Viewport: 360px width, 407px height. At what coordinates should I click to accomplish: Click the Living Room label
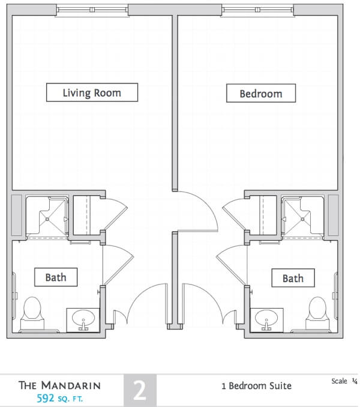pyautogui.click(x=92, y=92)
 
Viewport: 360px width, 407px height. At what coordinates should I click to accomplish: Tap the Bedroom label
pyautogui.click(x=260, y=94)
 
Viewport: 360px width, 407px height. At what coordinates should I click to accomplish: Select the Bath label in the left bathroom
pyautogui.click(x=56, y=277)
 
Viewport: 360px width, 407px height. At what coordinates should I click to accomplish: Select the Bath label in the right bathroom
pyautogui.click(x=293, y=279)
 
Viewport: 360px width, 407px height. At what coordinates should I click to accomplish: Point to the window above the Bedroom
pyautogui.click(x=257, y=10)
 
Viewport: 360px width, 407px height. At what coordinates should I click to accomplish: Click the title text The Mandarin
pyautogui.click(x=59, y=385)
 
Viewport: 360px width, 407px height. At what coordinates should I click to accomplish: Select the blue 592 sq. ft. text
pyautogui.click(x=59, y=397)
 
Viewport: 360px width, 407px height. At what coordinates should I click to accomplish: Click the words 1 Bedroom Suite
pyautogui.click(x=256, y=385)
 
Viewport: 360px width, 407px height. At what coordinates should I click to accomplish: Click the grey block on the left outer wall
pyautogui.click(x=17, y=214)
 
